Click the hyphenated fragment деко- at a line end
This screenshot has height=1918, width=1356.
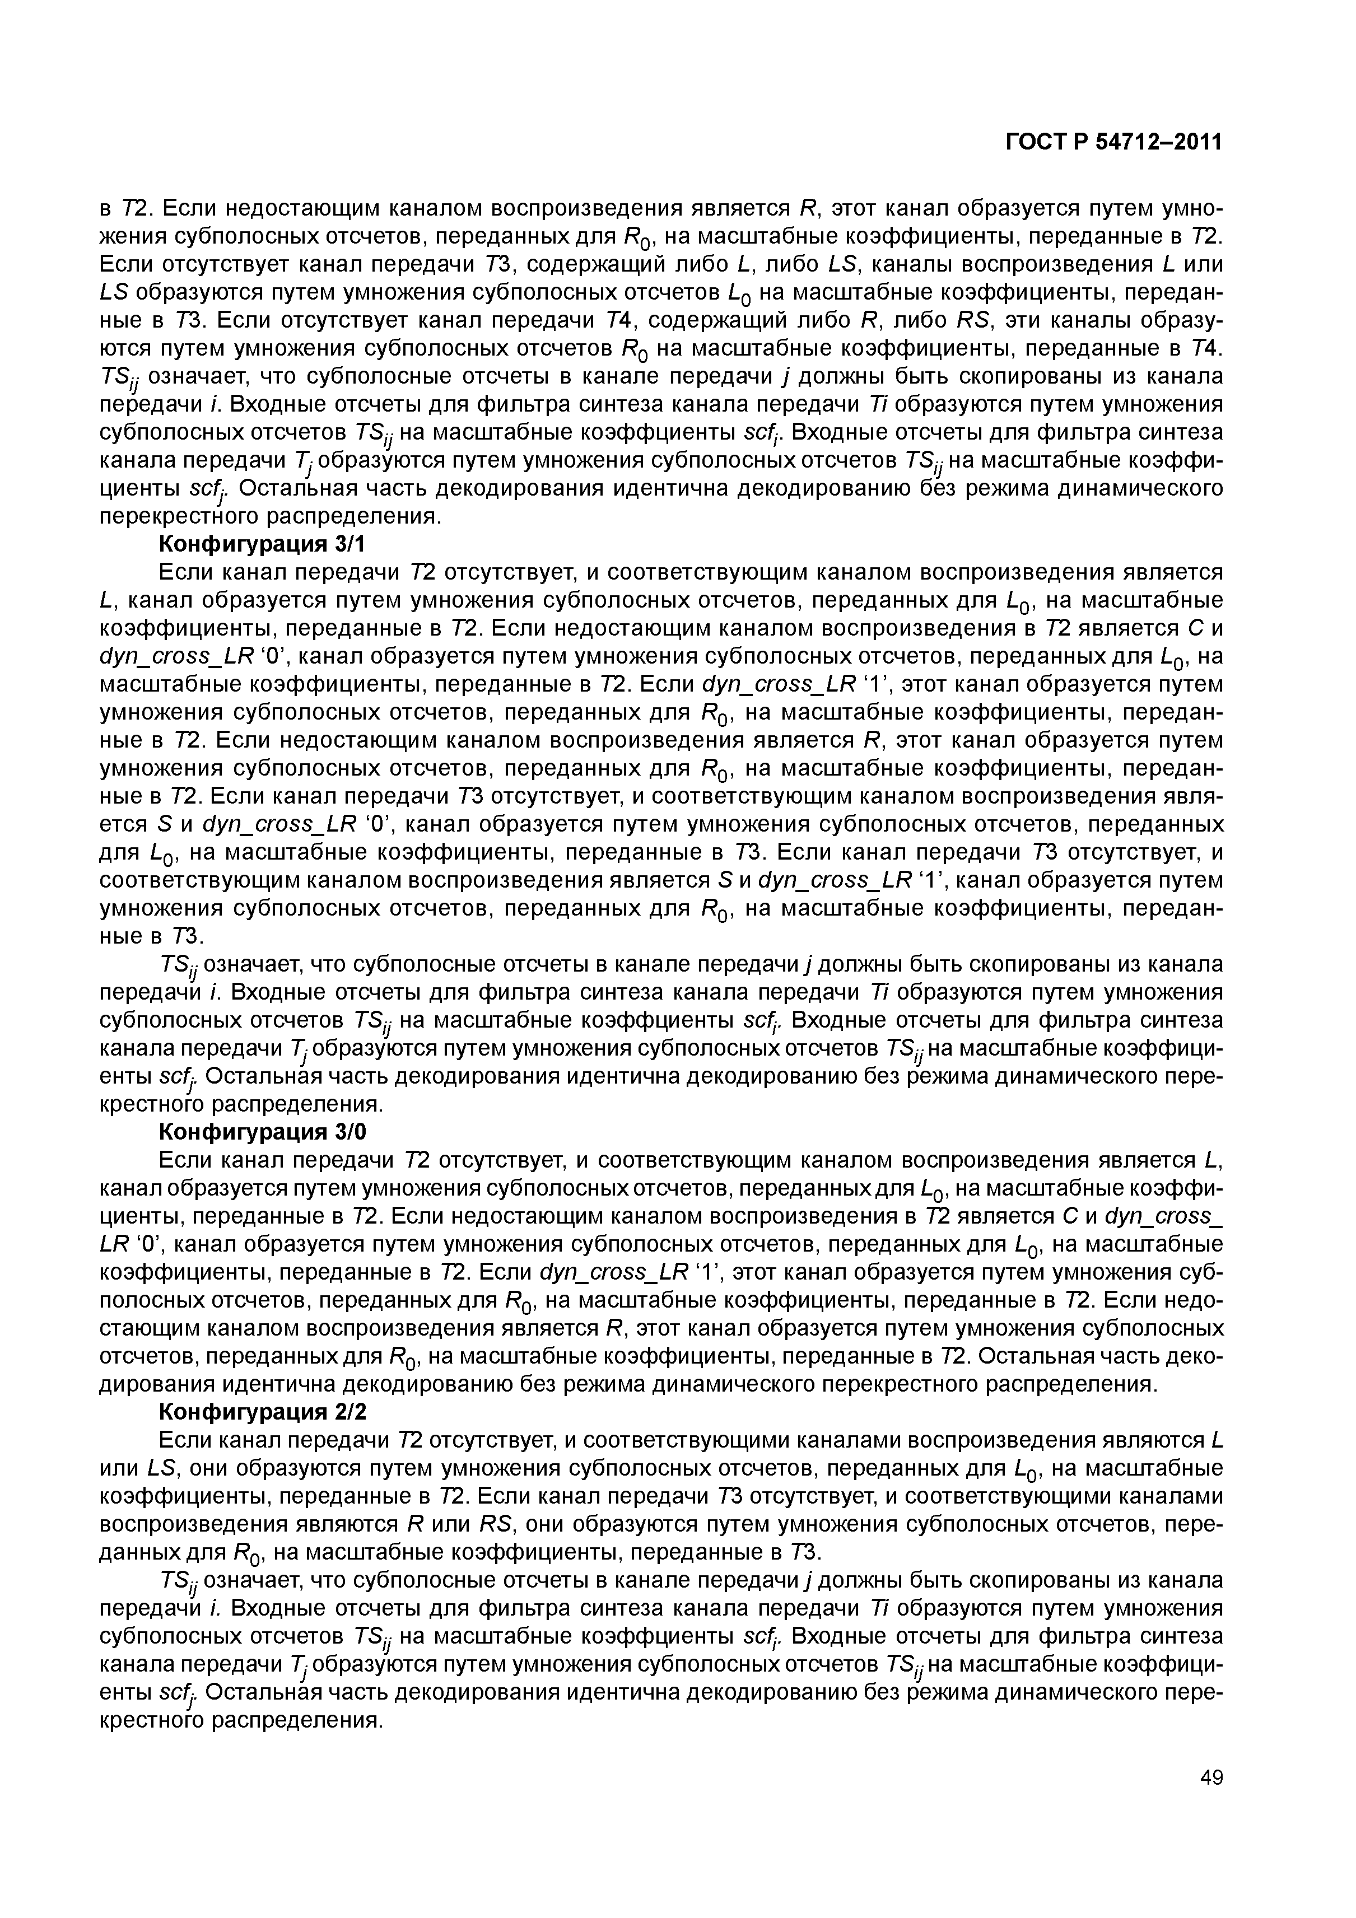[x=1191, y=1356]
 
